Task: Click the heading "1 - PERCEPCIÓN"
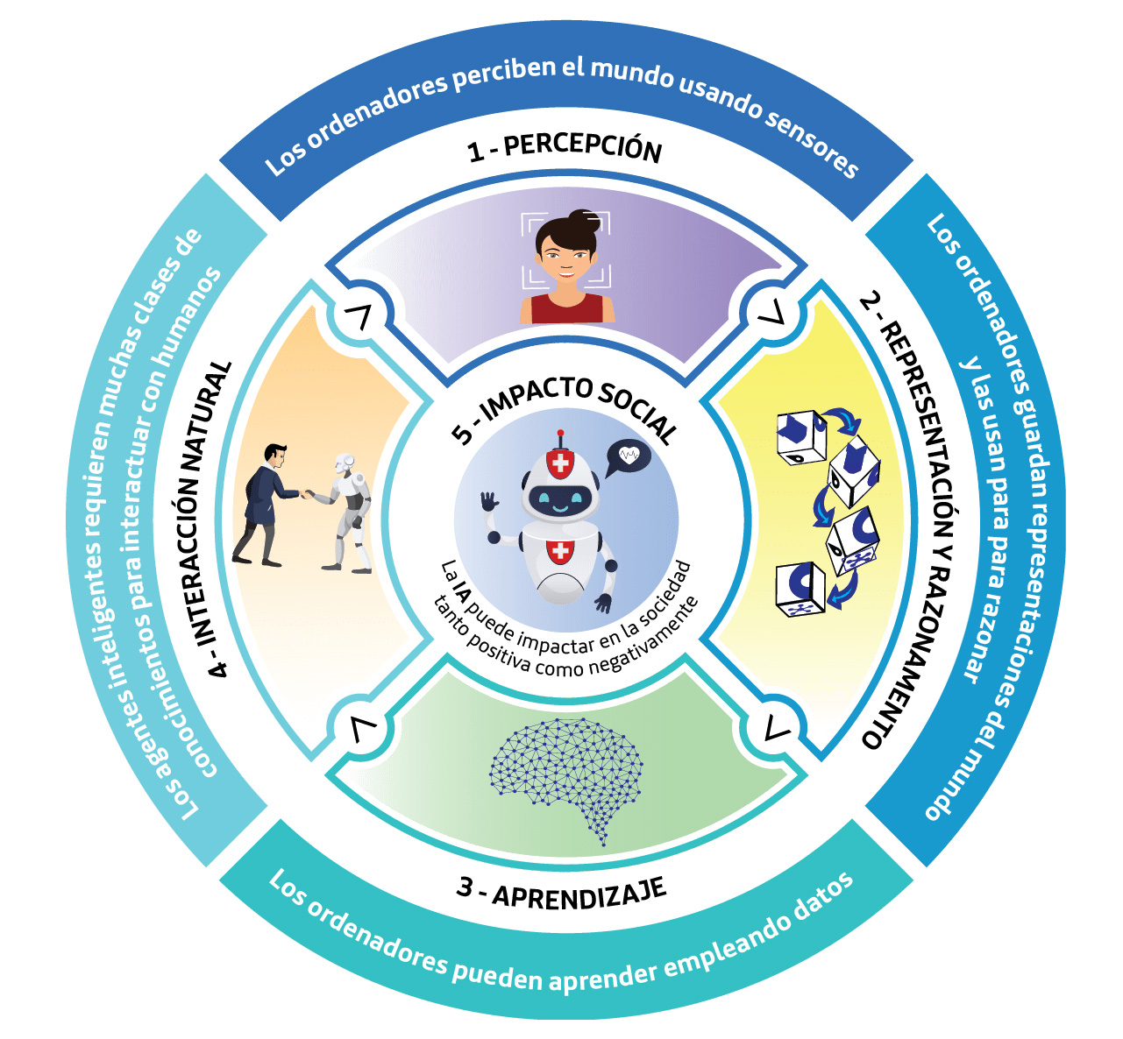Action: (x=565, y=147)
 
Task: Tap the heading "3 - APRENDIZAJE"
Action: (x=561, y=893)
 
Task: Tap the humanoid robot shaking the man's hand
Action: (x=349, y=512)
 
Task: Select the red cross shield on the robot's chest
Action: (x=558, y=551)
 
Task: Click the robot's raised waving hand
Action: (x=488, y=502)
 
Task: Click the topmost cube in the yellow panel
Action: (x=801, y=437)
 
